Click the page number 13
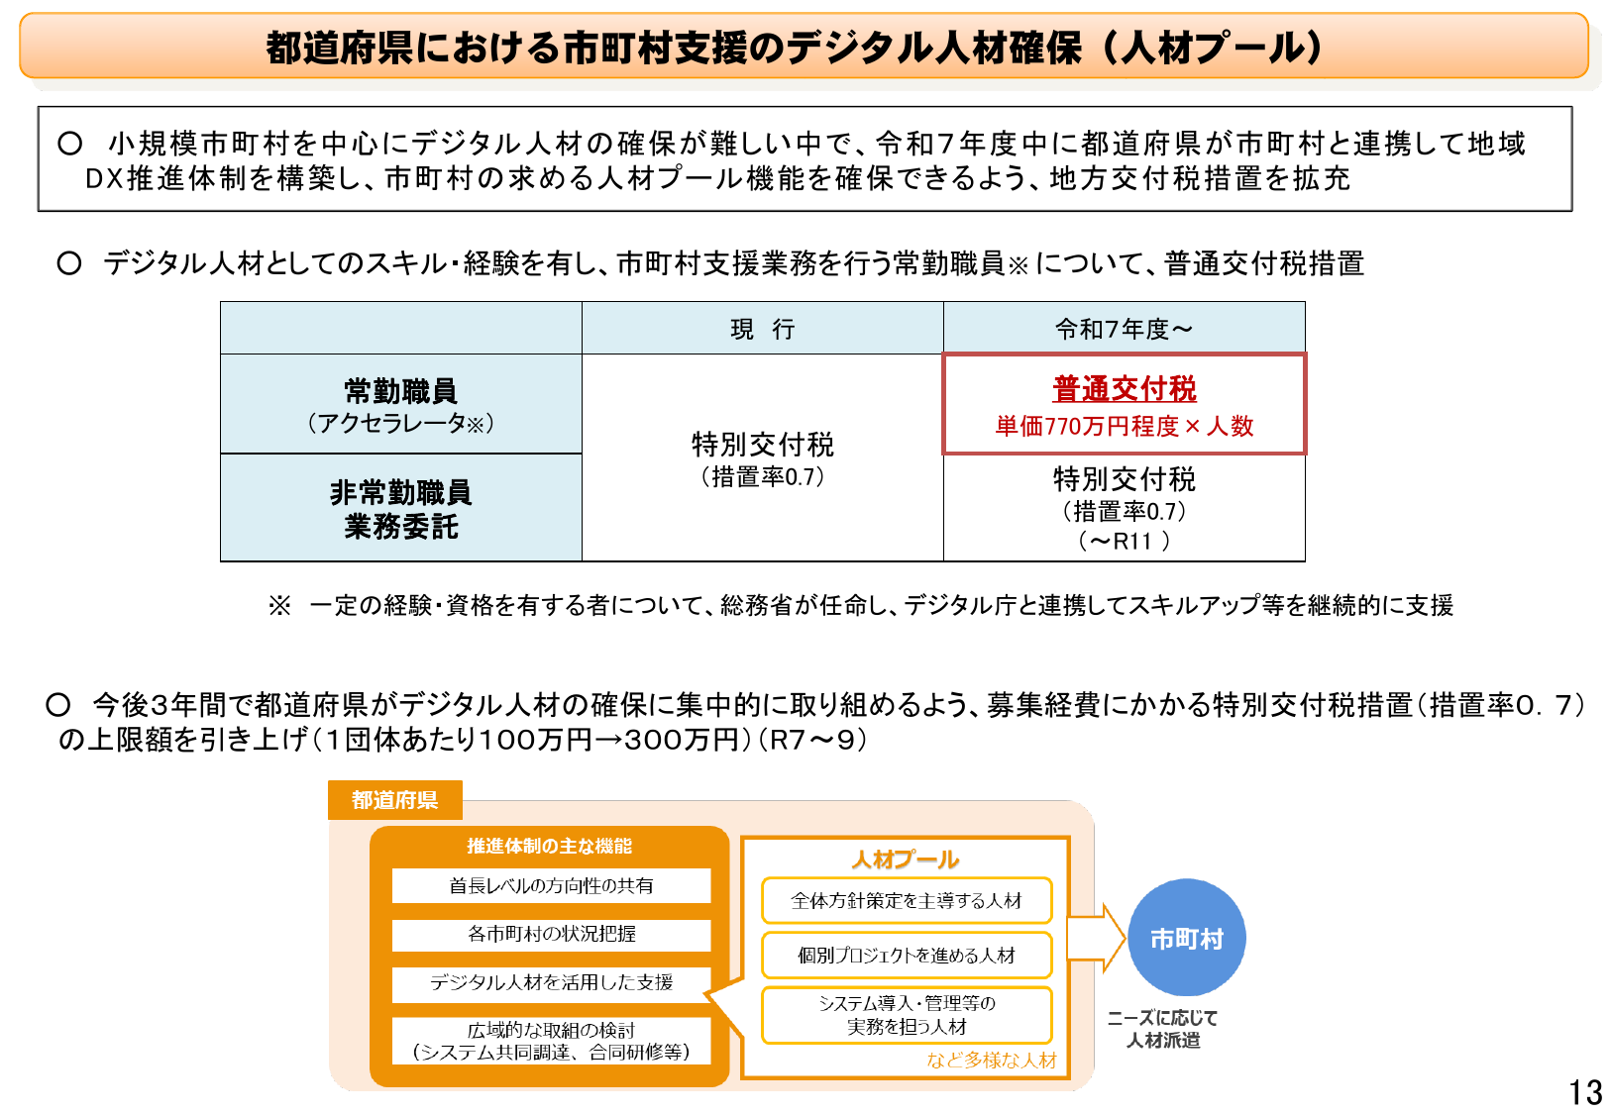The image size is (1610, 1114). [x=1584, y=1091]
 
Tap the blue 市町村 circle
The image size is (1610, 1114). [x=1186, y=938]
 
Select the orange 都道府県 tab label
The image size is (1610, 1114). [x=394, y=800]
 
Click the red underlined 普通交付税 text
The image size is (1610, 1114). [x=1124, y=389]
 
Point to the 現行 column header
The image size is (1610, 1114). [x=762, y=329]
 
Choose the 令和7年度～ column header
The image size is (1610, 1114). [x=1124, y=329]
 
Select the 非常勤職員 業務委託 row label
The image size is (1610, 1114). [x=400, y=508]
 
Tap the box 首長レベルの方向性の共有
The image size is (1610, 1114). [x=551, y=885]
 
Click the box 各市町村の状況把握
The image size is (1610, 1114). [x=551, y=934]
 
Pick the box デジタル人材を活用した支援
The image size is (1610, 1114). [x=551, y=982]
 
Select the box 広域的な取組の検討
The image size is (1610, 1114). [x=551, y=1041]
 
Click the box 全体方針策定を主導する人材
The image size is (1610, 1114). [x=906, y=900]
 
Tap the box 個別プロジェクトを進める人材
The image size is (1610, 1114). [x=906, y=955]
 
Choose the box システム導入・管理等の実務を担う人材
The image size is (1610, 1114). [x=906, y=1015]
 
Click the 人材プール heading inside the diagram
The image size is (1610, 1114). [x=906, y=860]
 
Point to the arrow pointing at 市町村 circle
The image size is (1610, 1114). [x=1095, y=938]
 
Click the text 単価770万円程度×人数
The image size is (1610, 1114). [x=1124, y=427]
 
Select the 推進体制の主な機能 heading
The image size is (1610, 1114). [x=549, y=846]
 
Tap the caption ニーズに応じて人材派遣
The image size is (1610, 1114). [x=1162, y=1029]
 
